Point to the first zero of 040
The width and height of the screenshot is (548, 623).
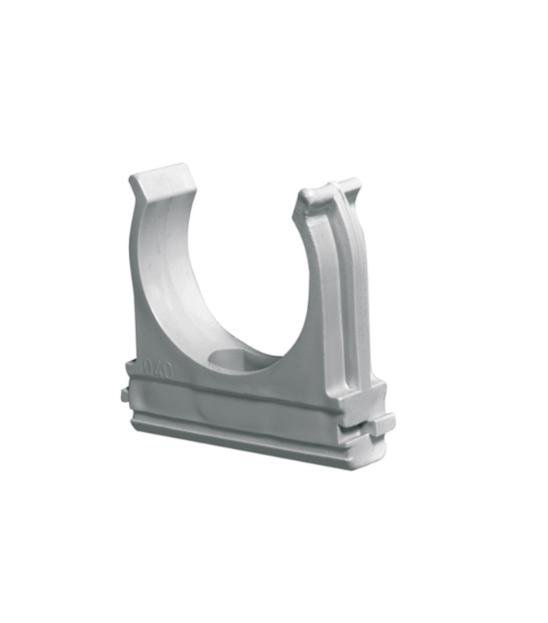point(147,366)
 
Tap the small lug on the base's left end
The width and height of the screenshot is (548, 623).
point(124,394)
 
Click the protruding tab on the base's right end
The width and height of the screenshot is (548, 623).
point(381,423)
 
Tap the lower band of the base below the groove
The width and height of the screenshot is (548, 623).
point(240,433)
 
